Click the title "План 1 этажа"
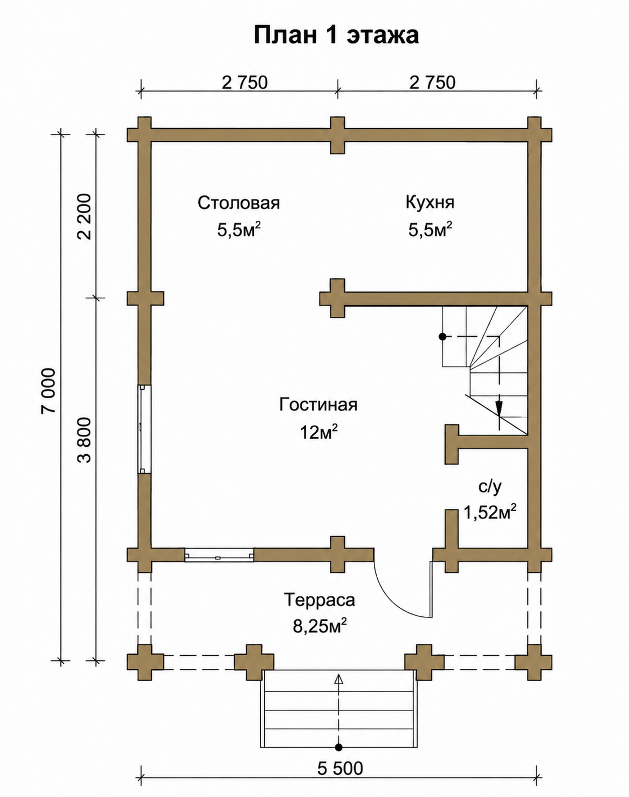click(336, 36)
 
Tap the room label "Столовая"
click(238, 203)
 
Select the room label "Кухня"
click(430, 203)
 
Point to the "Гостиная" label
click(318, 405)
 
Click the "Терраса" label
click(320, 600)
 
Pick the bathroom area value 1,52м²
click(490, 513)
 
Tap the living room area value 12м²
click(319, 432)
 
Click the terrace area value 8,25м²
click(320, 626)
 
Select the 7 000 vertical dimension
click(49, 391)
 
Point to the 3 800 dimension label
click(84, 441)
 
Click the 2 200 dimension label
click(84, 217)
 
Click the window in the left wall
click(145, 429)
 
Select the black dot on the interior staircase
click(442, 337)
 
